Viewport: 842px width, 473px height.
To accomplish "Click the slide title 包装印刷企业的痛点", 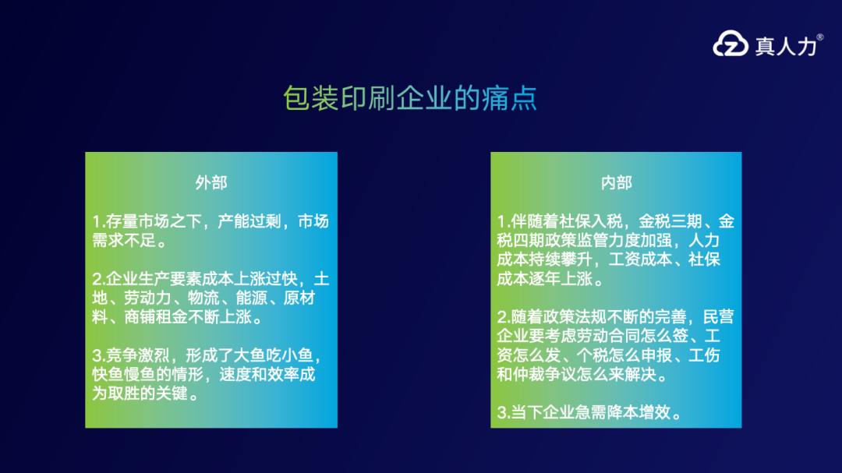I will pos(410,99).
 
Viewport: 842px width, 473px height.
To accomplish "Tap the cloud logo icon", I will pos(731,44).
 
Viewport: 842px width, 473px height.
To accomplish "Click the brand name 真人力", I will pos(784,45).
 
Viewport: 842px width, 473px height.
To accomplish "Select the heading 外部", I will pos(210,182).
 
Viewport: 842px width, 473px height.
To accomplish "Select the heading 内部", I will pos(616,182).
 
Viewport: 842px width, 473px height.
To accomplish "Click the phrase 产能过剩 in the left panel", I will pos(247,221).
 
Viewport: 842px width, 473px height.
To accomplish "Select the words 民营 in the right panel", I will pos(718,317).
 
